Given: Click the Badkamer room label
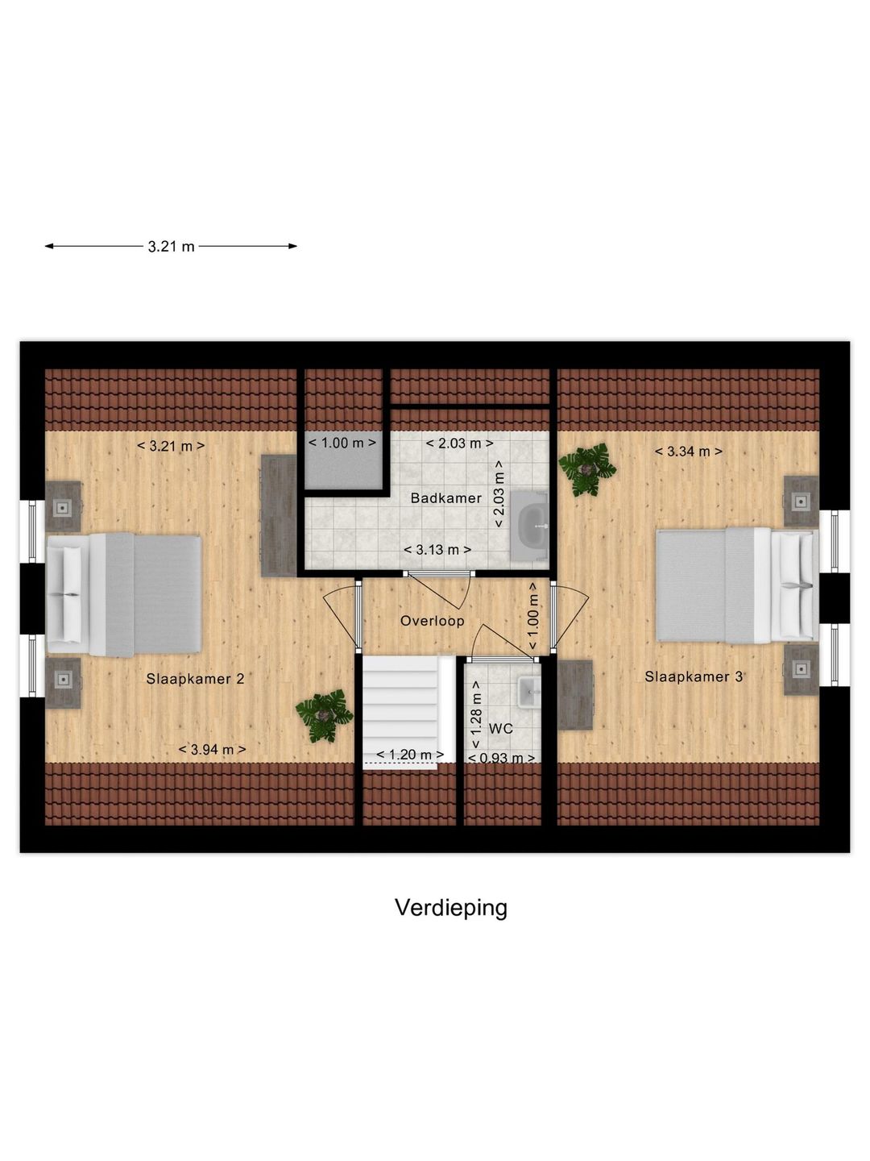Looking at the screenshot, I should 445,498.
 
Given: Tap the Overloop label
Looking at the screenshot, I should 433,621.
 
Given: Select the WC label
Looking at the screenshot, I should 501,729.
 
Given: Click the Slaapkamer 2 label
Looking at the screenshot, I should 195,679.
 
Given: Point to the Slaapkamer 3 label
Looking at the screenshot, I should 694,676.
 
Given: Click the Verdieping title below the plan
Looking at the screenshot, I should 451,908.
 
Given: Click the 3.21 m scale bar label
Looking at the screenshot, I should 171,247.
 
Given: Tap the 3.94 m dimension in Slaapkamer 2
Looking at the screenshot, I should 213,750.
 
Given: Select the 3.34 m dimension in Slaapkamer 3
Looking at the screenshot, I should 688,451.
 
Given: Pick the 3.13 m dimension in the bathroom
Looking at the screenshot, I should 437,550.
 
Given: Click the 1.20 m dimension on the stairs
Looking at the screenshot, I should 410,755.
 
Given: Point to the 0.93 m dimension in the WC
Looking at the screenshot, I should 502,758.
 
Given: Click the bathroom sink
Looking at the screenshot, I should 531,524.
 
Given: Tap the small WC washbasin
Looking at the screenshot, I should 528,692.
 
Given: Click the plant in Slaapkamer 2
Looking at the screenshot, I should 324,714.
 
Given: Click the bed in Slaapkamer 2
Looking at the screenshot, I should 125,594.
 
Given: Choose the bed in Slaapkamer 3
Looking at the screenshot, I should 735,585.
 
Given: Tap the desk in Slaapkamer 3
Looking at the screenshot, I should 575,694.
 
